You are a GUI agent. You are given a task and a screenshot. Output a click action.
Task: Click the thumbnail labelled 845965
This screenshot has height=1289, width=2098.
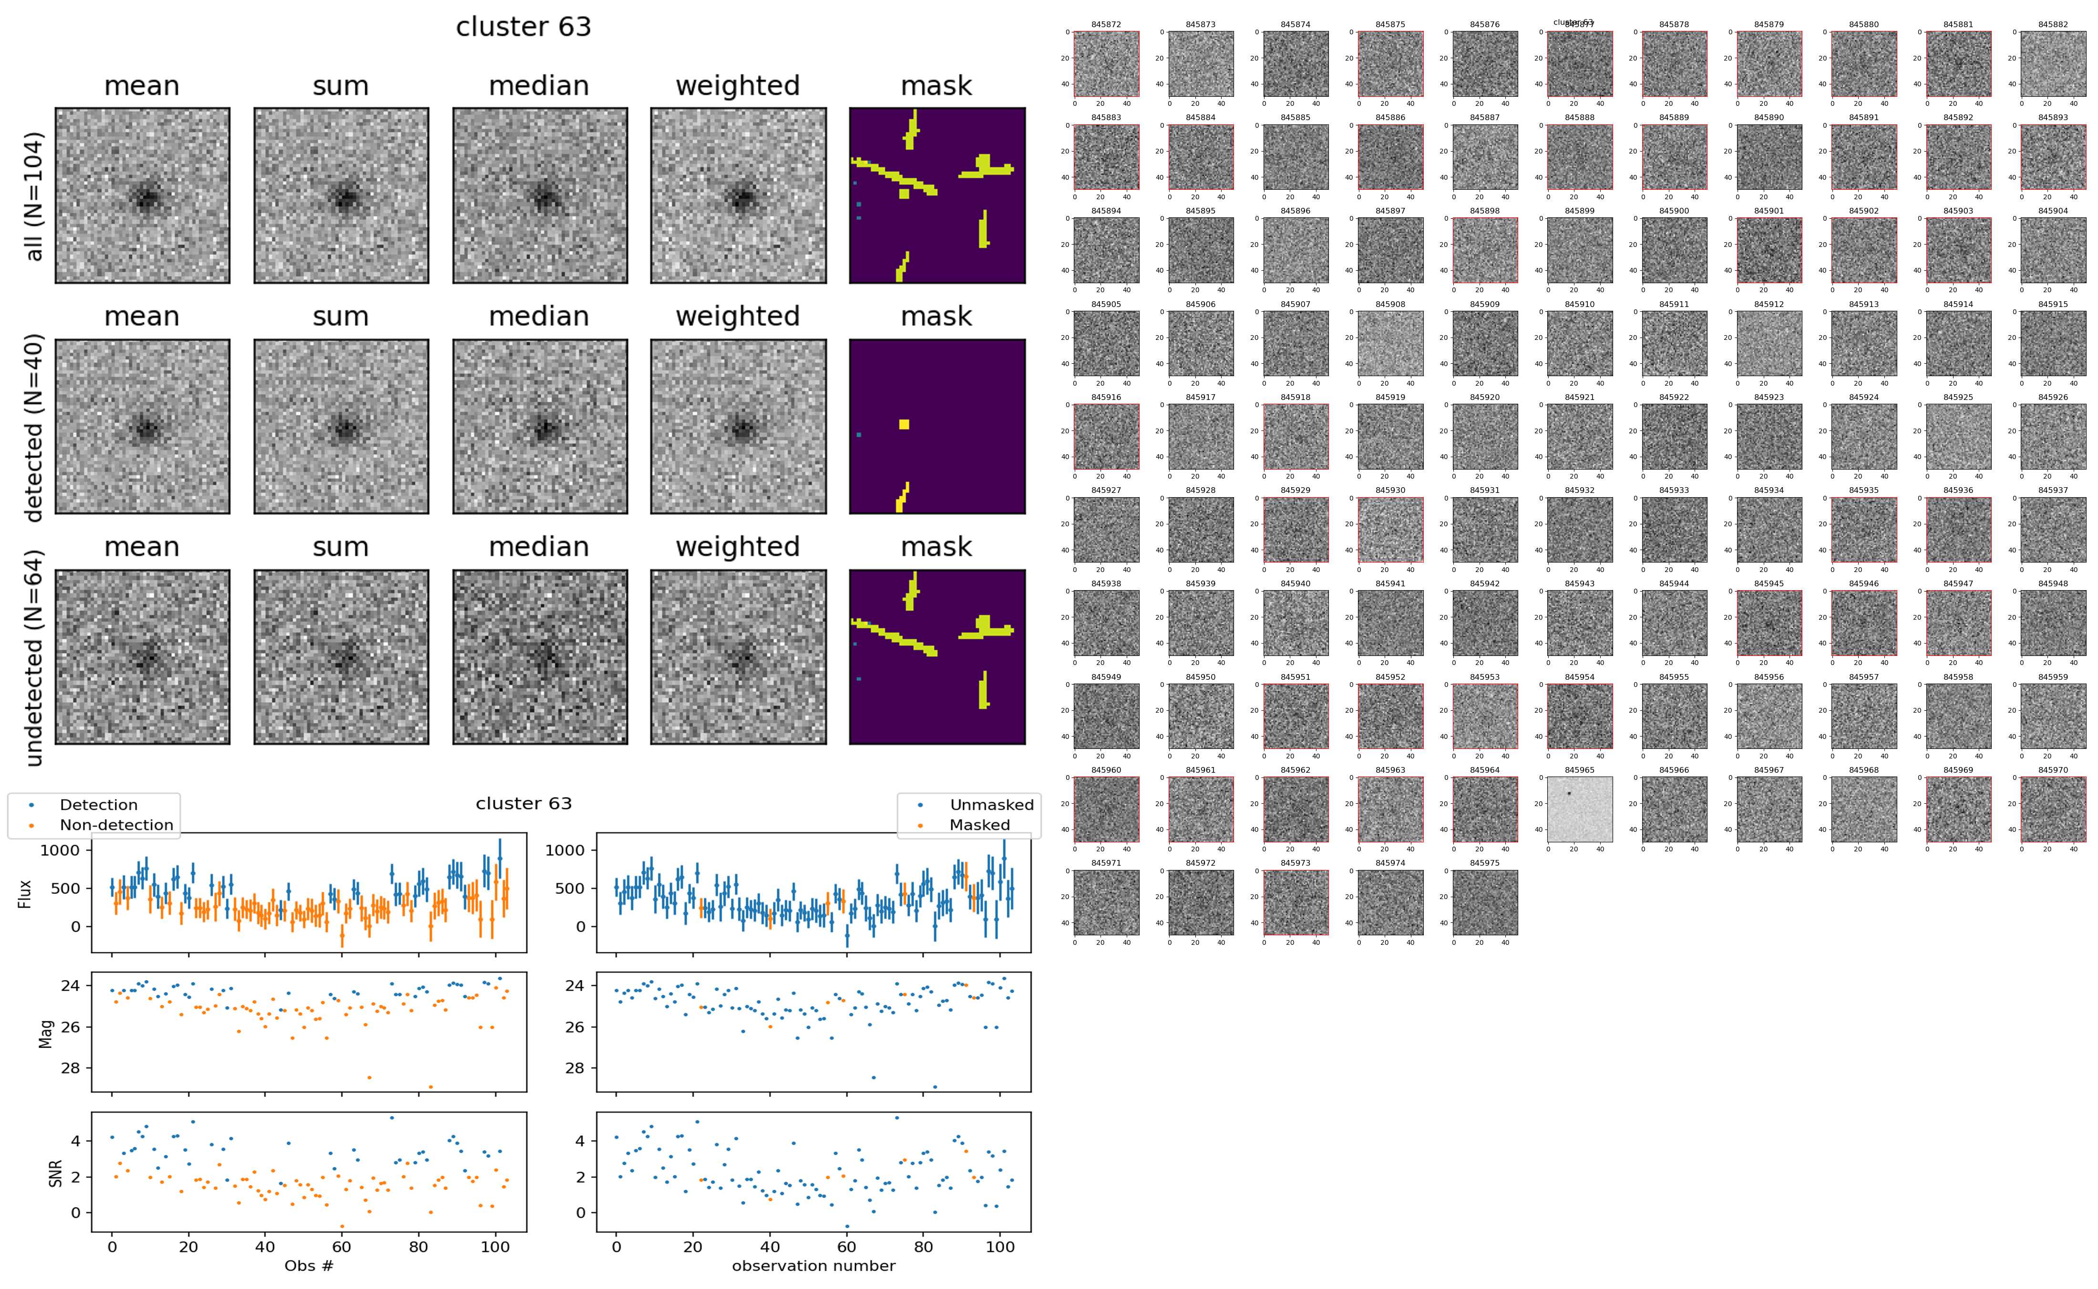tap(1579, 809)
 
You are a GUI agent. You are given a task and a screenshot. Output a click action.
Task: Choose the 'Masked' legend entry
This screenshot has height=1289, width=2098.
tap(978, 824)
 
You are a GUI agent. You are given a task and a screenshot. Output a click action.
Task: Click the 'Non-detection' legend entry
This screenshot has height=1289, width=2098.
tap(116, 824)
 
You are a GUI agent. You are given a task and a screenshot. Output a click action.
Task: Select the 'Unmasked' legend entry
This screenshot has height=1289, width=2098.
tap(991, 805)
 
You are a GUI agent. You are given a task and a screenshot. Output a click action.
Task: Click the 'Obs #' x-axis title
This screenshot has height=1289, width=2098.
tap(309, 1265)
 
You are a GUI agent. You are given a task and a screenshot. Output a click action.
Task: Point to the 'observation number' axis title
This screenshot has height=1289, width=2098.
tap(813, 1265)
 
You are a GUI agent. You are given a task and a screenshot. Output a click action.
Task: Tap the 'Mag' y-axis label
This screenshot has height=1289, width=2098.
tap(46, 1033)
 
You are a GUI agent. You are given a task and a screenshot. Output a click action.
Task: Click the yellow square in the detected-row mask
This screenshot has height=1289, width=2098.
tap(904, 425)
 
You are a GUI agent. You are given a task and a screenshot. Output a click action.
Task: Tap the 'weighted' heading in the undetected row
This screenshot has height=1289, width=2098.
tap(738, 546)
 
